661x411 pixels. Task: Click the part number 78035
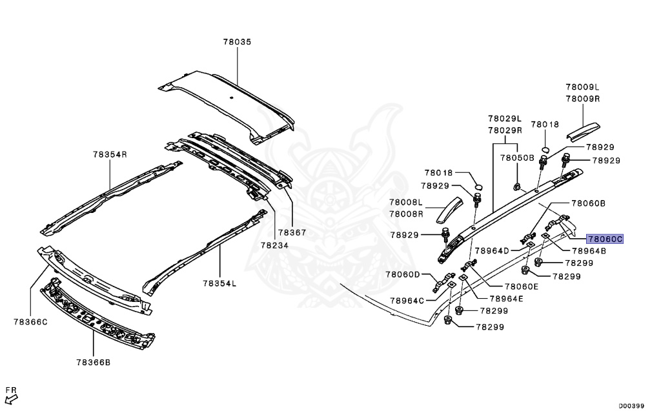pyautogui.click(x=237, y=41)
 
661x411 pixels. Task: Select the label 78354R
pyautogui.click(x=109, y=154)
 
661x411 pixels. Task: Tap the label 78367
pyautogui.click(x=292, y=232)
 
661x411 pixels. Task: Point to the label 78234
pyautogui.click(x=274, y=245)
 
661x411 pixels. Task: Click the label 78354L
pyautogui.click(x=219, y=283)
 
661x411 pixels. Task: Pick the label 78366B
pyautogui.click(x=93, y=362)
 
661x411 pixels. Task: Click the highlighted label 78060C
pyautogui.click(x=605, y=239)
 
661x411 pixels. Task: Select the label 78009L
pyautogui.click(x=583, y=86)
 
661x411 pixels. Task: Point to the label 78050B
pyautogui.click(x=518, y=157)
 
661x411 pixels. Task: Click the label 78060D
pyautogui.click(x=403, y=274)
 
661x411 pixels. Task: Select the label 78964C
pyautogui.click(x=407, y=300)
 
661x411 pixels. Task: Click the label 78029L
pyautogui.click(x=504, y=119)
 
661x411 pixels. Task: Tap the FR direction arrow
pyautogui.click(x=10, y=394)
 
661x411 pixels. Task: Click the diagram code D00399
pyautogui.click(x=633, y=405)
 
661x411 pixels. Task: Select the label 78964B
pyautogui.click(x=589, y=251)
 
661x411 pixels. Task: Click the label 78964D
pyautogui.click(x=492, y=250)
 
